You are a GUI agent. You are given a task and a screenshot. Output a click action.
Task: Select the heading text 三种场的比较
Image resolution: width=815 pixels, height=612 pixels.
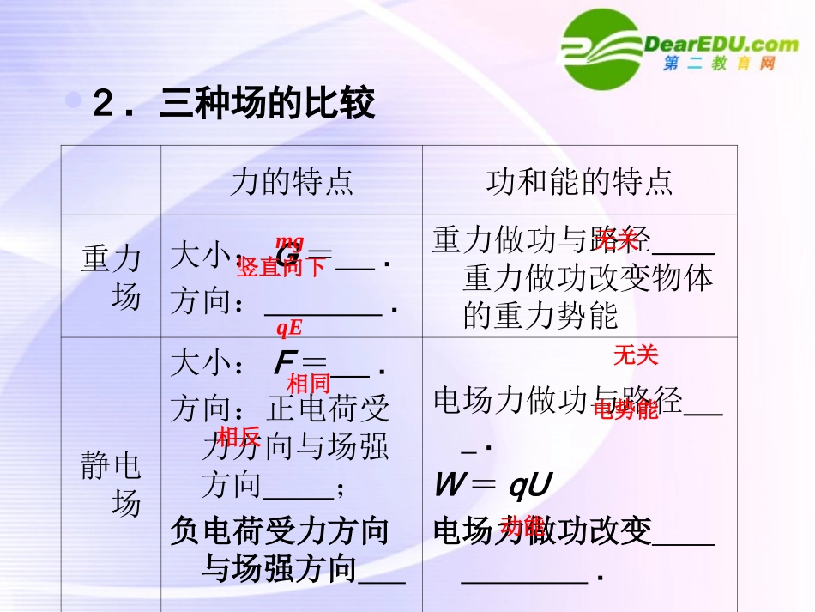pos(267,105)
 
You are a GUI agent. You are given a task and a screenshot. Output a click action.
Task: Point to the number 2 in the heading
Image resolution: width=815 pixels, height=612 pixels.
pos(102,106)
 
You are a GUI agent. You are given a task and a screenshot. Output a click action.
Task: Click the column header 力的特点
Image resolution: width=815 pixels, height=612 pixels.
pos(292,181)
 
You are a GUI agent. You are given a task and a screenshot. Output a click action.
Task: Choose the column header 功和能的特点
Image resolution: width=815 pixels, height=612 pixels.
pos(579,181)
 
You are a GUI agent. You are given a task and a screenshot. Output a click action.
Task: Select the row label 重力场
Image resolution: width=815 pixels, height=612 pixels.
pos(111,276)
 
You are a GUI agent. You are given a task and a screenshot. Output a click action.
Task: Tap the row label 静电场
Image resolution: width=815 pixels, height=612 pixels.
pos(111,485)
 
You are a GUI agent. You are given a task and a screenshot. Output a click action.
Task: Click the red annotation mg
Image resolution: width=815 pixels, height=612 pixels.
pos(289,242)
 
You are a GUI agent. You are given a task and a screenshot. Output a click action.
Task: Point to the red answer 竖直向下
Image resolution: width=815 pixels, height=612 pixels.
pos(281,267)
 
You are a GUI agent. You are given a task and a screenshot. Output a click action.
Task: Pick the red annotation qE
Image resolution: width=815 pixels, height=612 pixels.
pos(289,327)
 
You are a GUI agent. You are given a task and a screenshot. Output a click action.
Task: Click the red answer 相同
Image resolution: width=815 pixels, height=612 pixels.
pos(308,383)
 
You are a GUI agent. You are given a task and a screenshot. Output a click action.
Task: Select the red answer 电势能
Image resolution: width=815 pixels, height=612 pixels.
pos(625,410)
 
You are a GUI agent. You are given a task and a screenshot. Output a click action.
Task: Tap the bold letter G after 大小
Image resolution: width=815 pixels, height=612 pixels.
pos(287,258)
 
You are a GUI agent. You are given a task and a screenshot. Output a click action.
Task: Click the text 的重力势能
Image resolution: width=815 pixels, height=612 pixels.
pos(540,316)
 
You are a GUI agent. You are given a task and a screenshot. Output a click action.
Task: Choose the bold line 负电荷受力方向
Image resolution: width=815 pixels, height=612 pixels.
pos(280,530)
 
